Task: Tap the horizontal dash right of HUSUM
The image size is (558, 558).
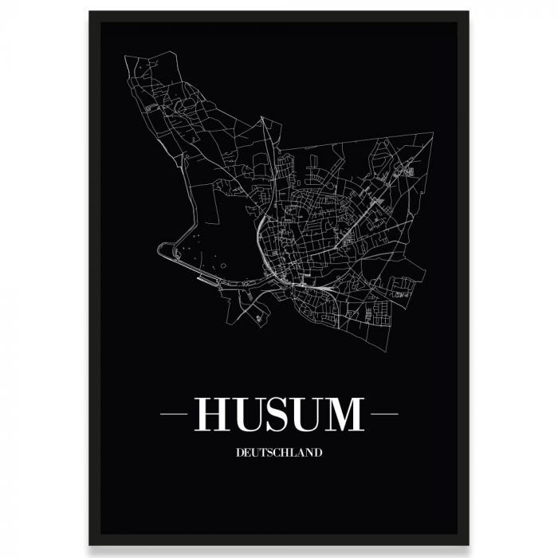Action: (x=384, y=415)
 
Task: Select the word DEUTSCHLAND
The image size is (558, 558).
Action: (x=279, y=453)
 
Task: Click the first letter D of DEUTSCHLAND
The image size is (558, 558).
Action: (x=240, y=453)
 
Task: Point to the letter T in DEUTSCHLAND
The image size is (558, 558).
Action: (x=260, y=453)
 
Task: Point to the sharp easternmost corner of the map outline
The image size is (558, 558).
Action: (x=433, y=135)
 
